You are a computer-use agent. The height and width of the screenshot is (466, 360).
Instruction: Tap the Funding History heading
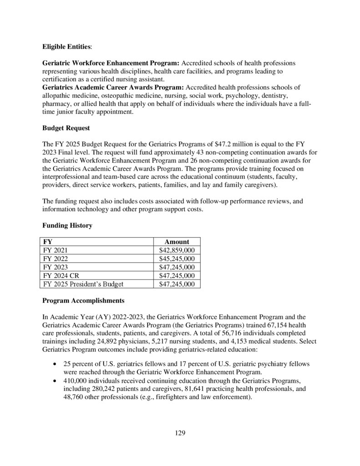tap(67, 226)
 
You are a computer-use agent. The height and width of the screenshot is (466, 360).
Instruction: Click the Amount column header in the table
tap(176, 242)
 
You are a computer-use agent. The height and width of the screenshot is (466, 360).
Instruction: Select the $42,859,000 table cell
tap(177, 250)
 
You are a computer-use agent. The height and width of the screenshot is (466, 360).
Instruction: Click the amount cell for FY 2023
tap(177, 267)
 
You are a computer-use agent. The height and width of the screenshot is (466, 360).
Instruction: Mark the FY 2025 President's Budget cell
tap(83, 284)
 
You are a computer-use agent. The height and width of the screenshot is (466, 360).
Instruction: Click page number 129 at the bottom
tap(180, 433)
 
